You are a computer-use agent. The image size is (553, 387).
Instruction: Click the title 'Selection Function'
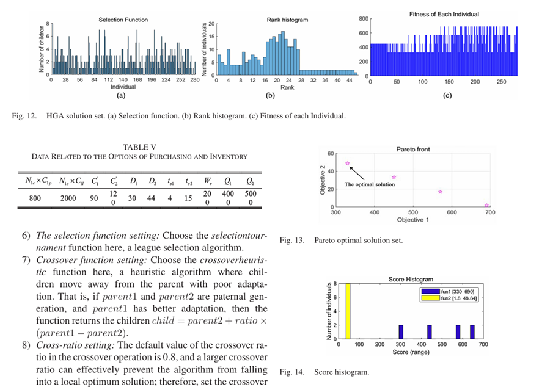[x=123, y=20]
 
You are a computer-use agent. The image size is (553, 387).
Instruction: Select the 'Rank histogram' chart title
[x=288, y=20]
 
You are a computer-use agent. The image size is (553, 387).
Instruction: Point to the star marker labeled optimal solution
[x=348, y=164]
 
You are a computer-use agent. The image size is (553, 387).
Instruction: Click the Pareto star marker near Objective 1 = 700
[x=486, y=206]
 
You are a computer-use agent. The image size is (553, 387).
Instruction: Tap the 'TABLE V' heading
[x=140, y=147]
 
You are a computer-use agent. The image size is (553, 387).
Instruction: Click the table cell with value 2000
[x=68, y=198]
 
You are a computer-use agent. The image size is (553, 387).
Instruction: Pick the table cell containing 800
[x=35, y=198]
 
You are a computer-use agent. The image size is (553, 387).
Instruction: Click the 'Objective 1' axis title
[x=412, y=220]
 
